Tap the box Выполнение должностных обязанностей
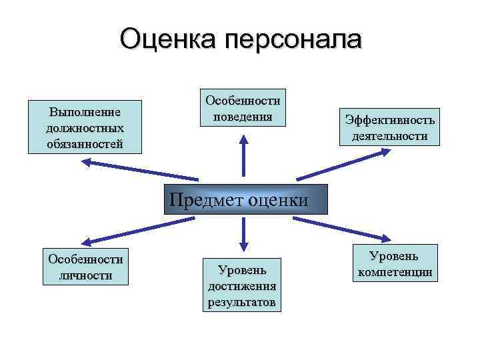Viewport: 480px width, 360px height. (x=85, y=127)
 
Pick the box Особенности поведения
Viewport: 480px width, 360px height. (x=243, y=107)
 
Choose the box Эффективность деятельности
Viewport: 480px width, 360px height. (x=390, y=127)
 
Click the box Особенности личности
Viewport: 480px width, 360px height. (x=86, y=267)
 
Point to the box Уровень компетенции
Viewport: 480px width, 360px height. (x=395, y=263)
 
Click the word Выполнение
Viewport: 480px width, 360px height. (x=85, y=111)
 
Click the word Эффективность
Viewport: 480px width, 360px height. (x=390, y=120)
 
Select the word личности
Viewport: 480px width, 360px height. (x=86, y=275)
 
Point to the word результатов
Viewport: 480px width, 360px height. (x=242, y=301)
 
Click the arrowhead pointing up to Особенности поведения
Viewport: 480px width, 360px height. (x=243, y=140)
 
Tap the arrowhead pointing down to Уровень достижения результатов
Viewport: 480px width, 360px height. (x=243, y=245)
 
